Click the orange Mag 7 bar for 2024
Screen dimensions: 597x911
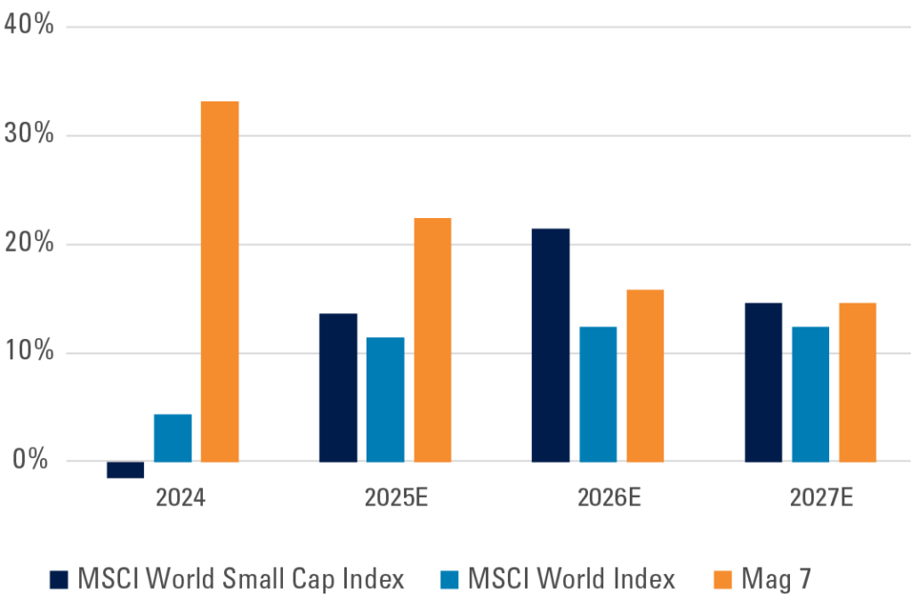click(220, 281)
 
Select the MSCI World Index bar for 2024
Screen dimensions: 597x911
click(173, 438)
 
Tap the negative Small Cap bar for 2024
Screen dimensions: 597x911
click(125, 470)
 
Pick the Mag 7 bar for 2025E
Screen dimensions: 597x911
click(432, 340)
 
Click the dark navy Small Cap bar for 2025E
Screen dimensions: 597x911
click(338, 387)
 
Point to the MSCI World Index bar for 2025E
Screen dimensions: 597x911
click(385, 399)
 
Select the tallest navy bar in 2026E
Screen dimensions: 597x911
click(551, 344)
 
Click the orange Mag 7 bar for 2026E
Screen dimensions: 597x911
click(645, 375)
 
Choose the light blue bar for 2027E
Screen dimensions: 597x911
click(810, 393)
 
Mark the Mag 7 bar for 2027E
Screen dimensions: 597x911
click(858, 382)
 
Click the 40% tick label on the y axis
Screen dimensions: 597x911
click(28, 25)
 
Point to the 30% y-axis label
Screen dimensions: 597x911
click(28, 135)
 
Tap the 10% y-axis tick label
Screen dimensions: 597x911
click(28, 352)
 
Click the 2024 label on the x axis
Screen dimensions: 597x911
click(181, 497)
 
